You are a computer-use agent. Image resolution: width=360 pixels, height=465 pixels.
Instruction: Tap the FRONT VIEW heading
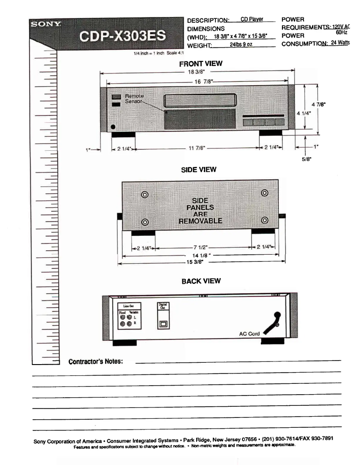click(x=201, y=64)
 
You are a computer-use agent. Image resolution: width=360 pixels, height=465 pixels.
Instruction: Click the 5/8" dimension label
click(x=307, y=158)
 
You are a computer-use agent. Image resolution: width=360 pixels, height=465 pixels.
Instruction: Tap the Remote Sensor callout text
click(x=134, y=99)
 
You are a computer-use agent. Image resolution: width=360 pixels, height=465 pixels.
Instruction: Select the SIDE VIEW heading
click(x=198, y=170)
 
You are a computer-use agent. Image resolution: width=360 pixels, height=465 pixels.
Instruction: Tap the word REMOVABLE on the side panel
click(x=200, y=221)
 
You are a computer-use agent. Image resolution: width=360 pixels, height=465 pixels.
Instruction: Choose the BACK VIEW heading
click(x=201, y=281)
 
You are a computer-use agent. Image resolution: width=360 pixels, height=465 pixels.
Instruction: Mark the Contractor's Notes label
click(x=95, y=361)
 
